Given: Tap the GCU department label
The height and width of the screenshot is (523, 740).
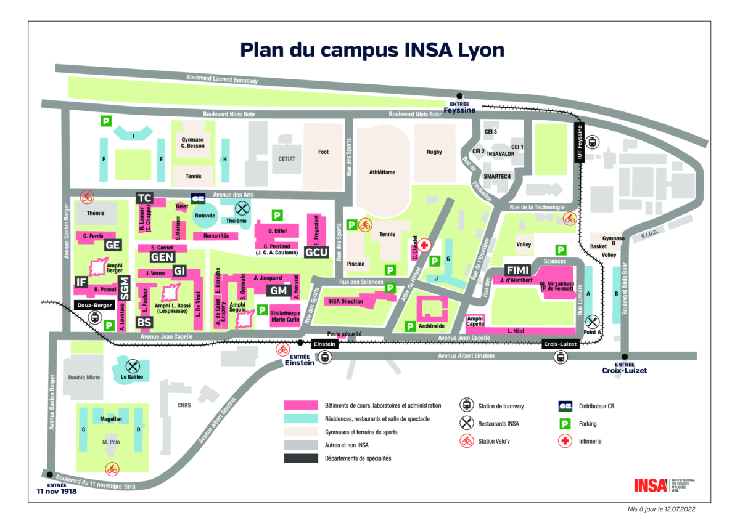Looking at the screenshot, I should [x=316, y=252].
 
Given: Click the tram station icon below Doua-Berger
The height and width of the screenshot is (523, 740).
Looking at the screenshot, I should [x=94, y=318].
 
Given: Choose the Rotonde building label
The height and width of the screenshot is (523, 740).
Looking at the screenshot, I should [x=204, y=216].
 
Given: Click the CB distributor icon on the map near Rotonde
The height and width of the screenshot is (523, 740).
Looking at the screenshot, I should [x=198, y=198].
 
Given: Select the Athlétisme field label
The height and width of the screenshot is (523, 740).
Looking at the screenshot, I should [x=382, y=172].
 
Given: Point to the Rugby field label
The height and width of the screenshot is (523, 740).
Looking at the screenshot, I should [x=435, y=152].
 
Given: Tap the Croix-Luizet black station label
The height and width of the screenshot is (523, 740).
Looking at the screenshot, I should [x=561, y=344].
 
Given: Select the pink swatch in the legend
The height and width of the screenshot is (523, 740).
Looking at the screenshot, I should [x=300, y=405].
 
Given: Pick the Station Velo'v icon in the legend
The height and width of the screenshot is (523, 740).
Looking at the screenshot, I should [x=467, y=440].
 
